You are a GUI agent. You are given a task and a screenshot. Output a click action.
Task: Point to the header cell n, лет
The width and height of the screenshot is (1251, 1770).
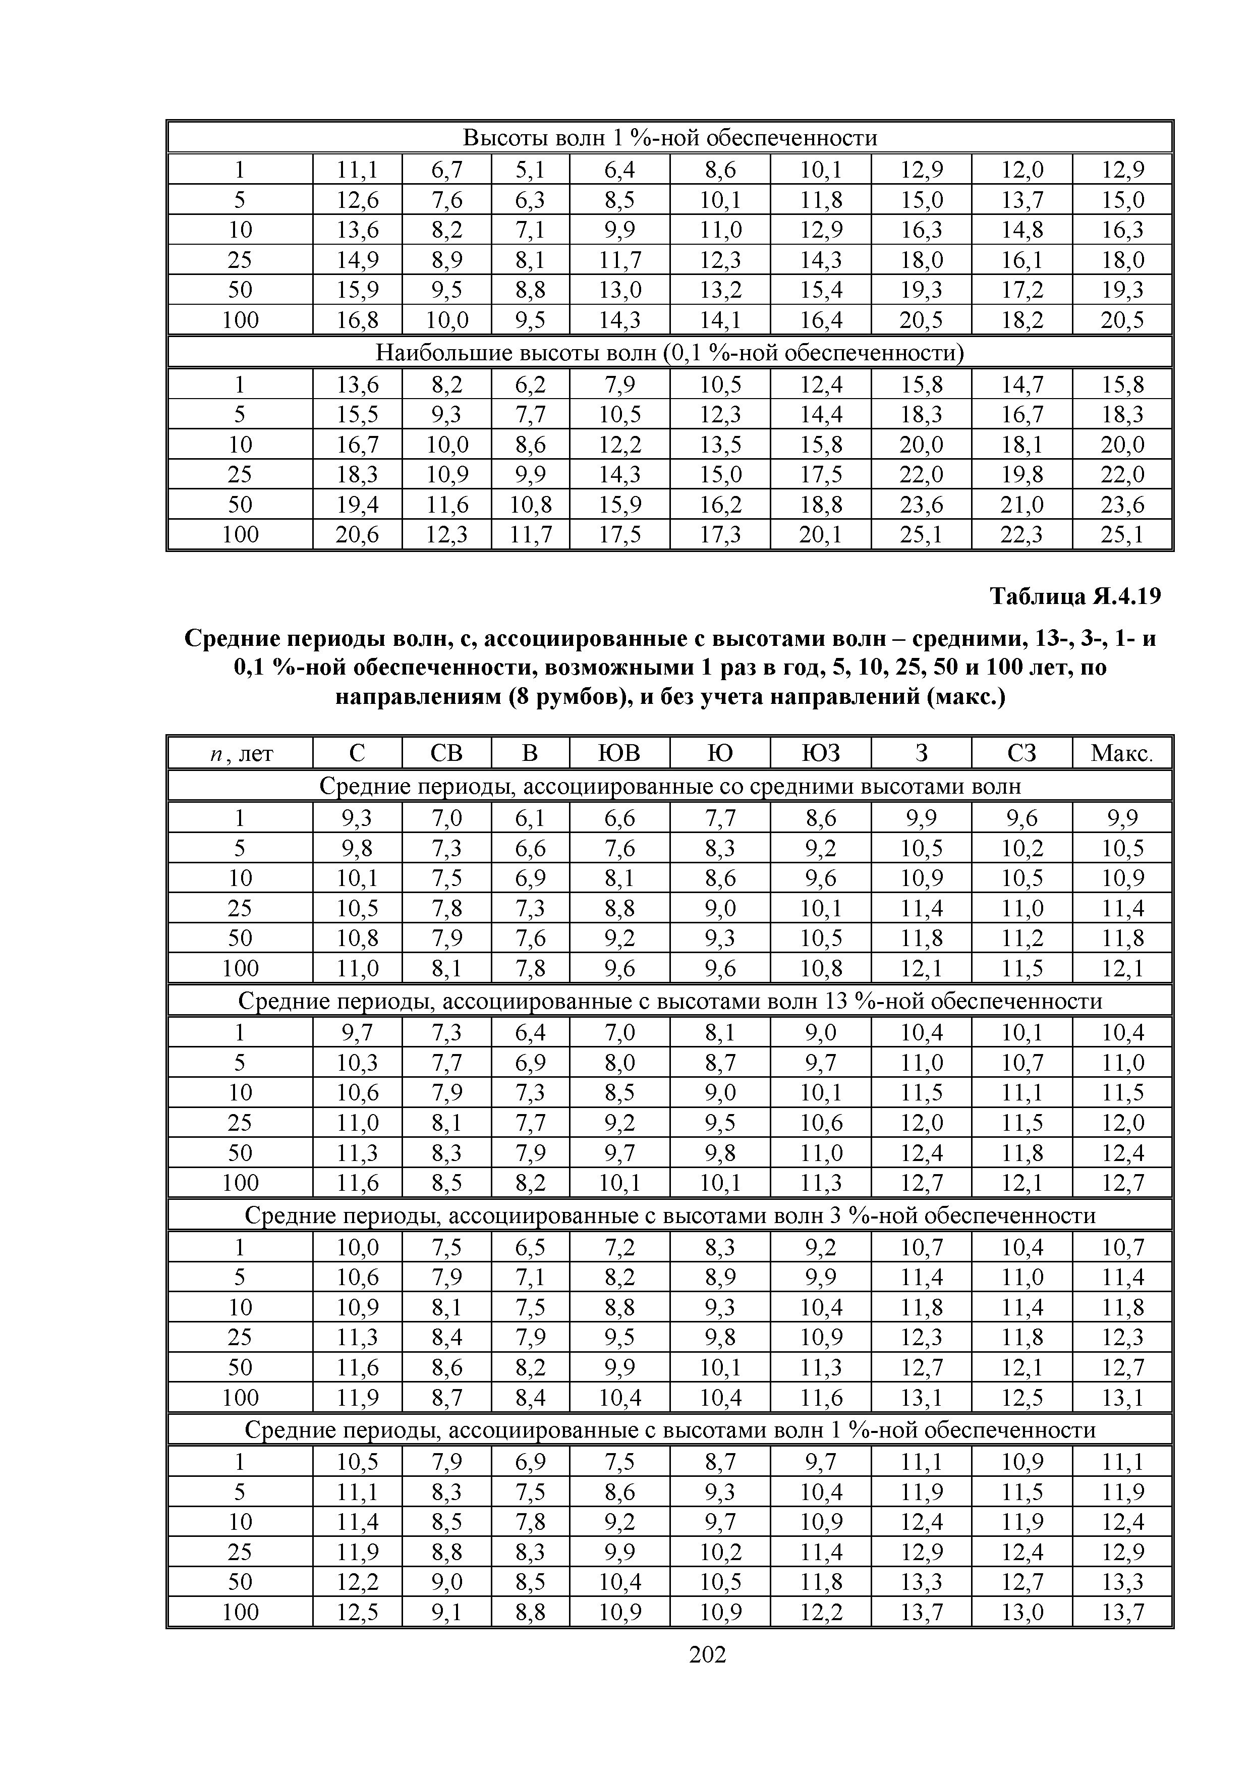[241, 752]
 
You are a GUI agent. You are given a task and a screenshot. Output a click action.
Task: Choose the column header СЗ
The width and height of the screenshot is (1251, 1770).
[1021, 752]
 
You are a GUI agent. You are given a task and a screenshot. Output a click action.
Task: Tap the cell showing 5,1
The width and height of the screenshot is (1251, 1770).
[530, 169]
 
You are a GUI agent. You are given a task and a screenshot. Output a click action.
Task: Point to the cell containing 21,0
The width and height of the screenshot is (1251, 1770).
[1021, 504]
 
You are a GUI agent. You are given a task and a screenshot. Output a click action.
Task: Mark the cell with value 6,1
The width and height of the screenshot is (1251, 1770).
[530, 817]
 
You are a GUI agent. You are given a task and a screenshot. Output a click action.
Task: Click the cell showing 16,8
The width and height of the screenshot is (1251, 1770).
[357, 319]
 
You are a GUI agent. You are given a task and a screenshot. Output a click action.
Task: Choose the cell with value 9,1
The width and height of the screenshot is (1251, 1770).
[446, 1612]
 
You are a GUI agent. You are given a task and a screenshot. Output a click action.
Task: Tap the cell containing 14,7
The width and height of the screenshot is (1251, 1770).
[1021, 384]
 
